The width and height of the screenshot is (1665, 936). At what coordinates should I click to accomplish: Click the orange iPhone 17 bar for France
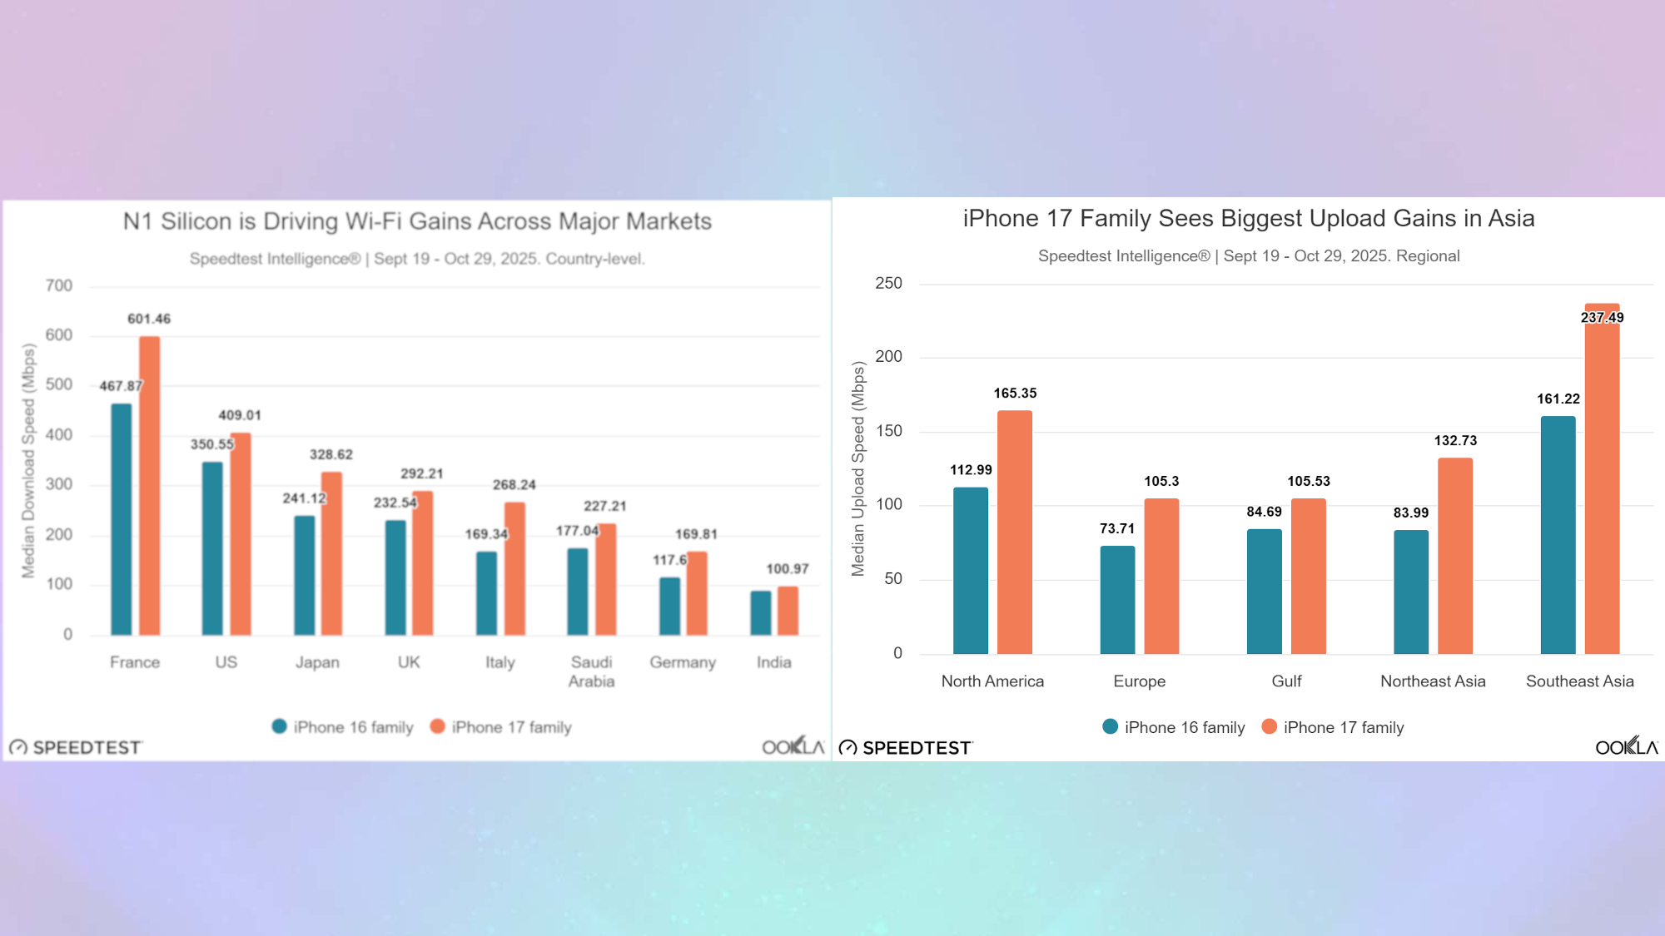149,486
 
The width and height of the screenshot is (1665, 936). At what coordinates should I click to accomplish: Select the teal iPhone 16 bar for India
760,613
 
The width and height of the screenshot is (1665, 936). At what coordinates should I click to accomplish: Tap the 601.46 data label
149,319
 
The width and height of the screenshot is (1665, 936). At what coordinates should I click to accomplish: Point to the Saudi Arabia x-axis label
591,671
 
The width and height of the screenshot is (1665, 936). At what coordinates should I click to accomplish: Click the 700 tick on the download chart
59,285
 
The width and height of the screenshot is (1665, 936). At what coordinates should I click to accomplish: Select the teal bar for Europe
1117,600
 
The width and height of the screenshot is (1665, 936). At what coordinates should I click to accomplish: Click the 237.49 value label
1602,317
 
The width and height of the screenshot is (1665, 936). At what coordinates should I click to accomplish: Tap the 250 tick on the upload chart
888,283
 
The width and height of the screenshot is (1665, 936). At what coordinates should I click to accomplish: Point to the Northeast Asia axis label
1433,681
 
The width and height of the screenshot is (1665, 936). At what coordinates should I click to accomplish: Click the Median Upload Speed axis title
858,469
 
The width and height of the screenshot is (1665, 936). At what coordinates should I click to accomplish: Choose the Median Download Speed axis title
29,461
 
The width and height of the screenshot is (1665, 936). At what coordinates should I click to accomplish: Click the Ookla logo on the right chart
1626,746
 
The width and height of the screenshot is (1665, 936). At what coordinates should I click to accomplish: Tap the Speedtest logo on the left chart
76,747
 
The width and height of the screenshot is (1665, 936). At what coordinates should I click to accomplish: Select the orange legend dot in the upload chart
1269,726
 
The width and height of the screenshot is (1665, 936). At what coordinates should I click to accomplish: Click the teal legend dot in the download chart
280,726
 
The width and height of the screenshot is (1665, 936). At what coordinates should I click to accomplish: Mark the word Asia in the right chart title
1511,218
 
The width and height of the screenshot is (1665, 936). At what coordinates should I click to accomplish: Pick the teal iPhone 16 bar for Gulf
1264,592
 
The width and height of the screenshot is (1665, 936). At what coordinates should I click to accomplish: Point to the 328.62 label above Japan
331,454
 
